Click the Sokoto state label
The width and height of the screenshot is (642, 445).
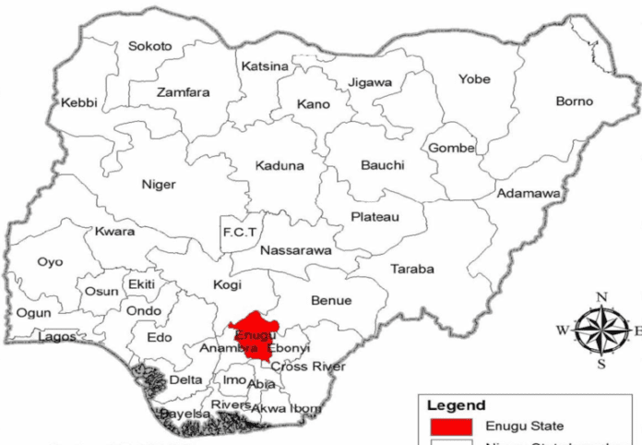pyautogui.click(x=150, y=45)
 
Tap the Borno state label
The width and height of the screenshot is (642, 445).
pyautogui.click(x=575, y=101)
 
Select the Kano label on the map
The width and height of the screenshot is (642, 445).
pyautogui.click(x=314, y=104)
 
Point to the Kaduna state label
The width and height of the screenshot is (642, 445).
pyautogui.click(x=279, y=166)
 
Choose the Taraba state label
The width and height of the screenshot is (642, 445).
pyautogui.click(x=412, y=270)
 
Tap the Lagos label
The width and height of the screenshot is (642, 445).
pyautogui.click(x=57, y=337)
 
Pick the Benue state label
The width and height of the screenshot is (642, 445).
pyautogui.click(x=331, y=301)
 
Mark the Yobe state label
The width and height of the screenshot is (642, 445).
pyautogui.click(x=474, y=79)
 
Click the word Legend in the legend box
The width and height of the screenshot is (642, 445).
pyautogui.click(x=456, y=405)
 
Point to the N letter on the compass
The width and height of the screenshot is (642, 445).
pyautogui.click(x=602, y=296)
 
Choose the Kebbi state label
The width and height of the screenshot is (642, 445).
pyautogui.click(x=79, y=102)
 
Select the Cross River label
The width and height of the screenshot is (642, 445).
pyautogui.click(x=308, y=367)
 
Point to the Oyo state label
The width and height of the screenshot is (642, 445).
pyautogui.click(x=50, y=262)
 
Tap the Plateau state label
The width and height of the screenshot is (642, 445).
pyautogui.click(x=375, y=217)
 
